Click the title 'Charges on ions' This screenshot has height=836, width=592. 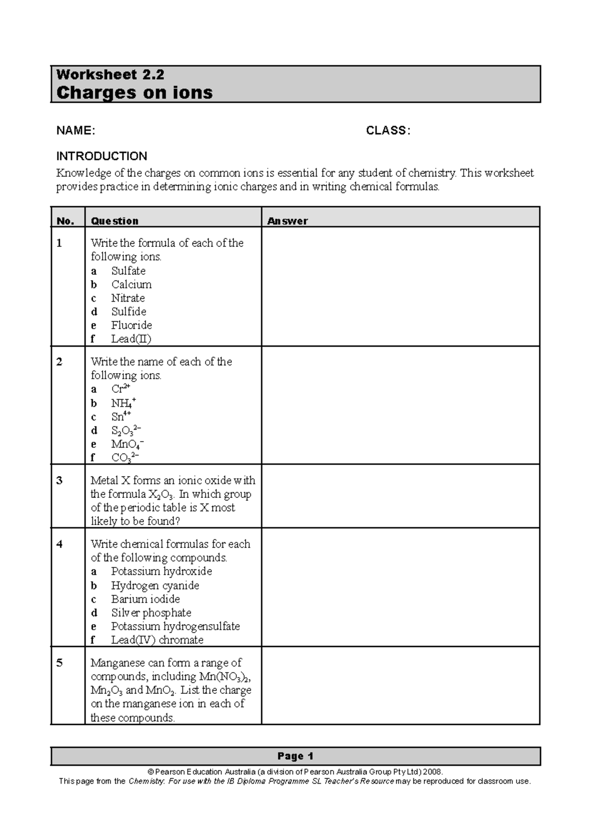pos(134,93)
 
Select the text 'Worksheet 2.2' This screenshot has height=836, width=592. pos(110,75)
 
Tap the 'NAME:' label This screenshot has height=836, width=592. pos(75,131)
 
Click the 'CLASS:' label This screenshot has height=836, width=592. pos(388,131)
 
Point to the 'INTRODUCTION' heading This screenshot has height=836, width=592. pos(101,156)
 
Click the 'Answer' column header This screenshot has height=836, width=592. pos(287,221)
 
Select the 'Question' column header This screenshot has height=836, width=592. pos(114,221)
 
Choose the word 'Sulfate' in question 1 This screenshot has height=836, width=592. pos(128,271)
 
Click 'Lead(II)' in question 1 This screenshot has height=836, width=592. pos(131,339)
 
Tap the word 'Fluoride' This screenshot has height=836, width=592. pos(131,325)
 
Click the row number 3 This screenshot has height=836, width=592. pos(59,481)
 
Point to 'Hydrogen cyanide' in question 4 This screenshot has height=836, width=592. pos(155,586)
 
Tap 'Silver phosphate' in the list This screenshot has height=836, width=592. pos(151,613)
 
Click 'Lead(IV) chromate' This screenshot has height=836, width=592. pos(157,640)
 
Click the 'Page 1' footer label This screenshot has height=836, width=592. pos(295,756)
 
